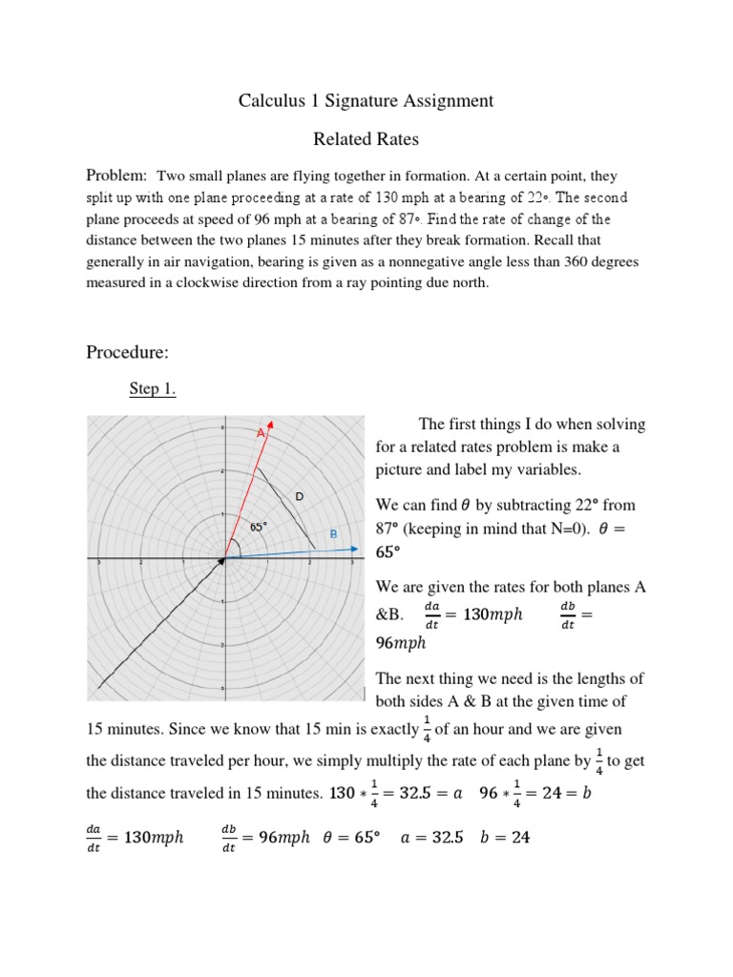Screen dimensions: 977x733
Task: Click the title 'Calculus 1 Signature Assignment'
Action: pos(366,100)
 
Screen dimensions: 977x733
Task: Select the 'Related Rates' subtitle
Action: pos(366,139)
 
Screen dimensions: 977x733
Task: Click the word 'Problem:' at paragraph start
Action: pos(116,176)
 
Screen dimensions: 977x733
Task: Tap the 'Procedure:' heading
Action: pos(127,353)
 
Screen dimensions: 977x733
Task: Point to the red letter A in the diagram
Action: pos(259,433)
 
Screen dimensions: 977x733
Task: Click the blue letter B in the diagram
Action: pos(333,534)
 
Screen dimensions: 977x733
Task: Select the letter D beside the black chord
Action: pos(299,496)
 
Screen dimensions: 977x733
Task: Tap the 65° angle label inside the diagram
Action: pos(259,527)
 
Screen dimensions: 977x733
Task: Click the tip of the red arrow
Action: pos(273,421)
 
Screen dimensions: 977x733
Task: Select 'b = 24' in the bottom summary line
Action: pos(507,838)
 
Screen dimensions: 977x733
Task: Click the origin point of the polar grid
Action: pos(224,560)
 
